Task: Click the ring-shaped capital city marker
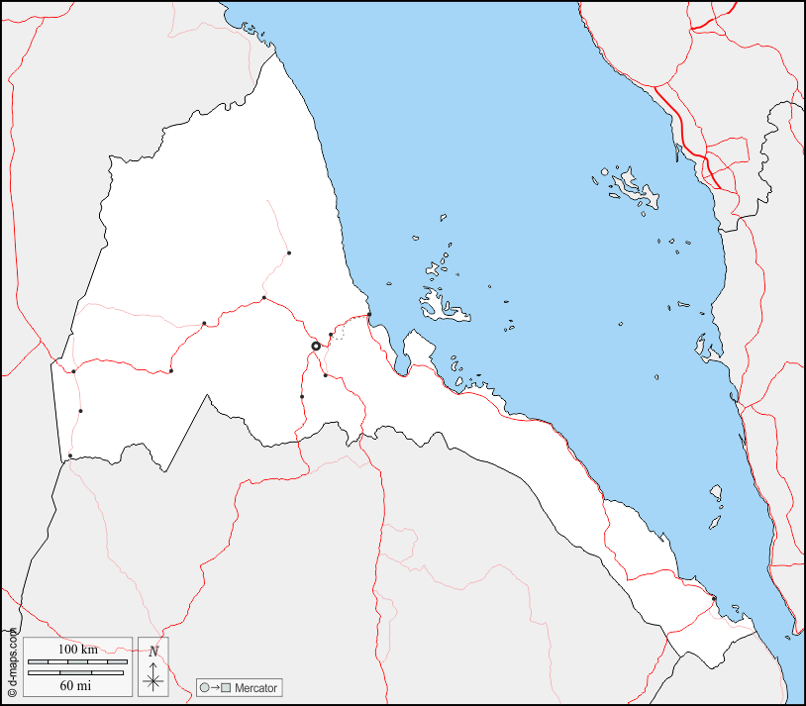[316, 346]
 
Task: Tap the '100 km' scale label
[77, 649]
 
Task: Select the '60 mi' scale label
[77, 685]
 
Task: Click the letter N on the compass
[153, 651]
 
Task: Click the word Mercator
[256, 687]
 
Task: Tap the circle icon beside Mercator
[204, 687]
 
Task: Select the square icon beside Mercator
[226, 687]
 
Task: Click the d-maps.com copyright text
[12, 664]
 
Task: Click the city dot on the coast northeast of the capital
[369, 315]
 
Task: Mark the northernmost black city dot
[289, 252]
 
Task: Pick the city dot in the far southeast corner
[714, 598]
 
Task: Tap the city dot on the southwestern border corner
[69, 455]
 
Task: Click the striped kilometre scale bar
[77, 660]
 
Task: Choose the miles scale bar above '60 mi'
[77, 672]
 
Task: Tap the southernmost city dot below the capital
[302, 397]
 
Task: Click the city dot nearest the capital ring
[331, 335]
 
